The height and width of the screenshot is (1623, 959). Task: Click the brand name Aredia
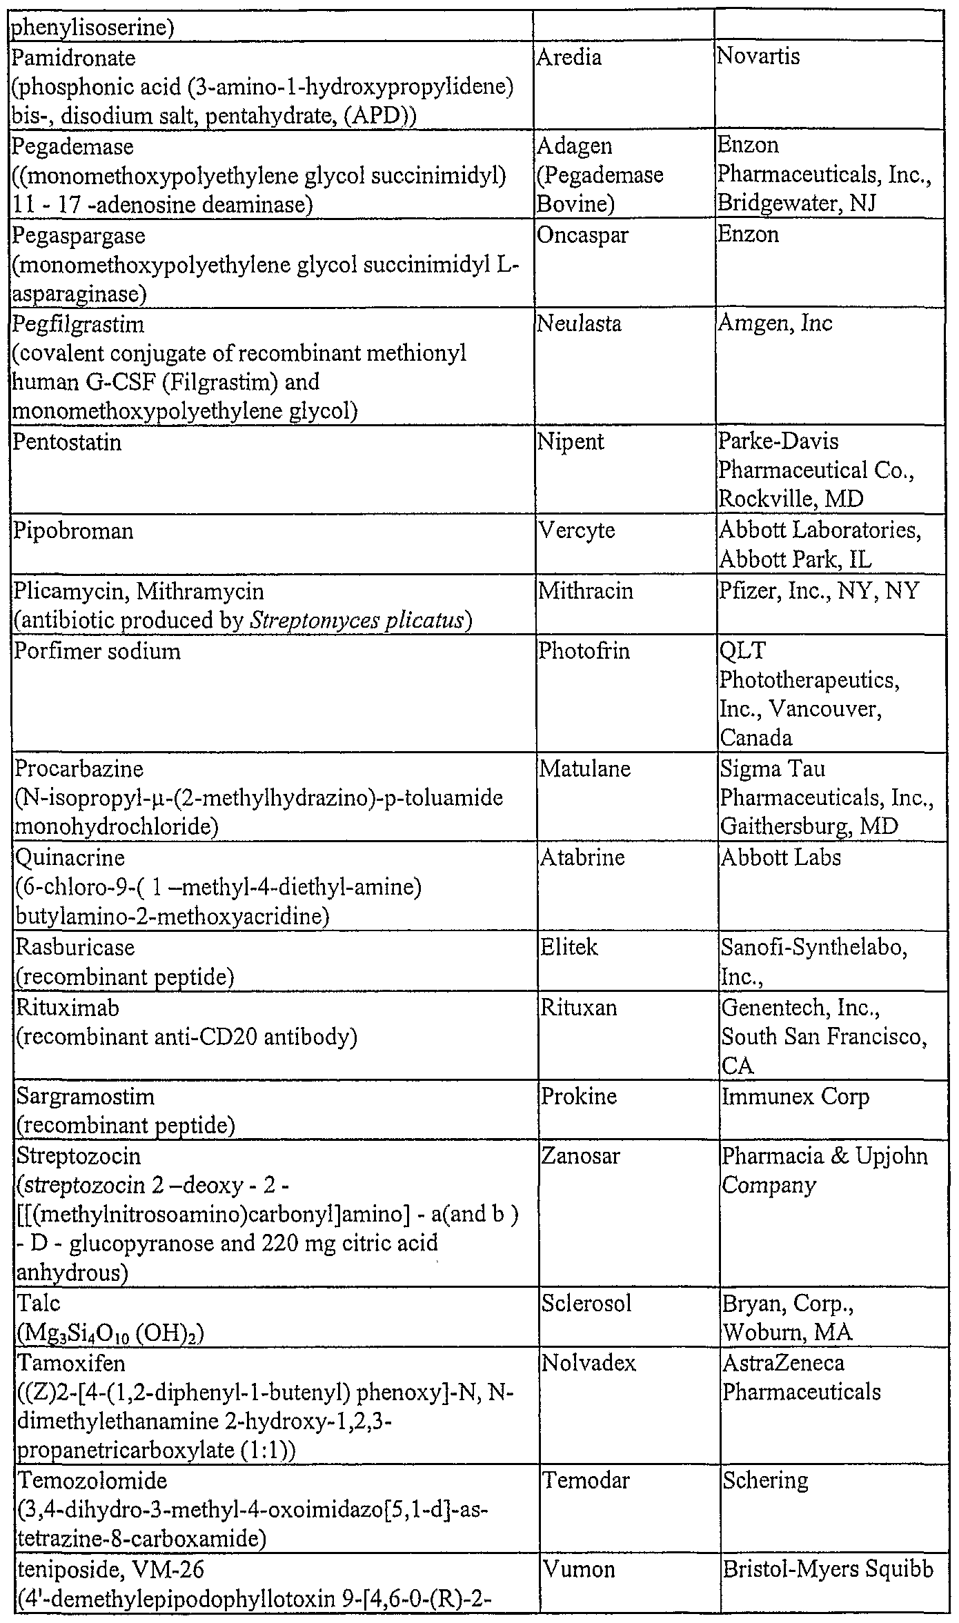click(x=569, y=57)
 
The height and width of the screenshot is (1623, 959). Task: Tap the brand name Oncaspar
click(x=582, y=235)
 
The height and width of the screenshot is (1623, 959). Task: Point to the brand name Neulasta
click(x=579, y=323)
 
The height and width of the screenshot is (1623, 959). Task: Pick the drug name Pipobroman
click(x=74, y=531)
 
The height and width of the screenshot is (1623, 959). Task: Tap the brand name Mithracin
click(x=585, y=591)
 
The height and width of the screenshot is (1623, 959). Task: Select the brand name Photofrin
click(x=584, y=651)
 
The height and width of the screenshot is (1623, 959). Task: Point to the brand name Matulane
click(x=584, y=768)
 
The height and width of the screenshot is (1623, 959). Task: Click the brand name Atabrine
click(x=582, y=858)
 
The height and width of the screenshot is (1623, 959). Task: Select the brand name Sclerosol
click(x=586, y=1304)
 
